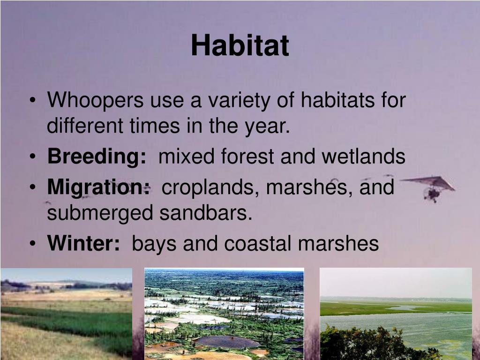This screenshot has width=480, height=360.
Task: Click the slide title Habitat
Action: [x=240, y=45]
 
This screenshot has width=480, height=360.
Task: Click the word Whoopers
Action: [x=95, y=100]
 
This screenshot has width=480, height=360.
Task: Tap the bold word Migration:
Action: [x=98, y=187]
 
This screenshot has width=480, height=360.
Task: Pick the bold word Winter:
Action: [x=83, y=243]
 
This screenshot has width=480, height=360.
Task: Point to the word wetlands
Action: [x=363, y=156]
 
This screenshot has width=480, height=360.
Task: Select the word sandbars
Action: [x=206, y=213]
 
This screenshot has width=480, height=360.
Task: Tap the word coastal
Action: [x=257, y=244]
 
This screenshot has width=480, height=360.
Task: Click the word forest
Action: [x=247, y=156]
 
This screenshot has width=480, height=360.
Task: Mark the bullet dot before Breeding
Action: [x=33, y=156]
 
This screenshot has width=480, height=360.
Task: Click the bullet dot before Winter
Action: [x=33, y=243]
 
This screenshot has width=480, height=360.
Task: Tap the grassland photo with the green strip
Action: [x=67, y=314]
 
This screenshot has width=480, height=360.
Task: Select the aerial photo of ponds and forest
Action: [x=224, y=314]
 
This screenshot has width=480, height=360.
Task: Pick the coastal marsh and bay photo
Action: [x=396, y=314]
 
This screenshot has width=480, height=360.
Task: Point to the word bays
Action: [x=154, y=244]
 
